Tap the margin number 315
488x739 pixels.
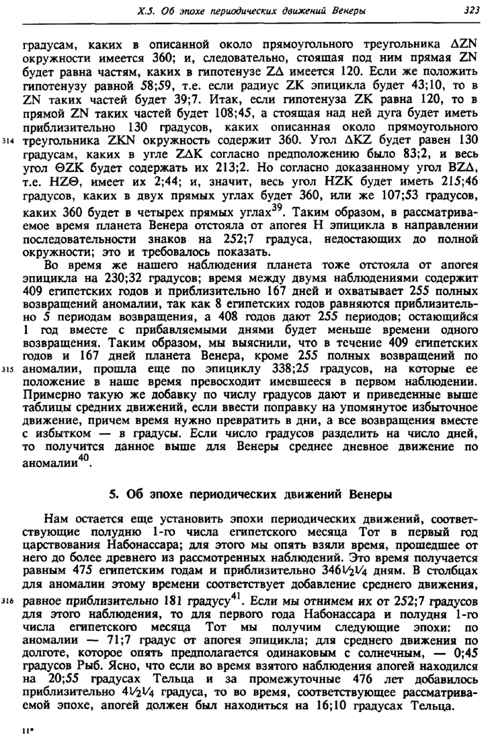(9, 369)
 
